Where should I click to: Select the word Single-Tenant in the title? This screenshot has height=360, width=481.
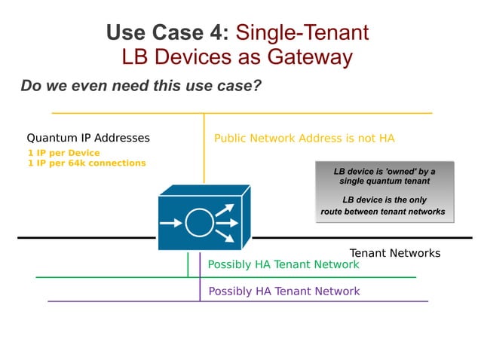(302, 33)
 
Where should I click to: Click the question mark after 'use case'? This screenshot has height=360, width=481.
(257, 86)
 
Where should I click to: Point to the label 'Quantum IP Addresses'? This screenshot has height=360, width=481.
(88, 139)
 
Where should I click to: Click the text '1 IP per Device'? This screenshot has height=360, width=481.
(63, 153)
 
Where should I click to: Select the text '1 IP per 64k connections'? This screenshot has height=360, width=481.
(87, 163)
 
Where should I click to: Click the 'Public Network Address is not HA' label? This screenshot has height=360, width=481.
(304, 139)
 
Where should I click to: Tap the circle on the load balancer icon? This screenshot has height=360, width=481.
(199, 223)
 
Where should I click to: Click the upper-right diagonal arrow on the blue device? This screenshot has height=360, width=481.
(225, 209)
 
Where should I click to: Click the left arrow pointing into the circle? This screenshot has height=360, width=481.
(172, 223)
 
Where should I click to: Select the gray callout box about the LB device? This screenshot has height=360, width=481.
(384, 191)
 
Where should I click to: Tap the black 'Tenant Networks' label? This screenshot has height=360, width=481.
(394, 254)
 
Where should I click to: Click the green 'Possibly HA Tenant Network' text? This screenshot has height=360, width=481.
(283, 264)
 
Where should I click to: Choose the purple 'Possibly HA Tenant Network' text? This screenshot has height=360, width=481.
(283, 291)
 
